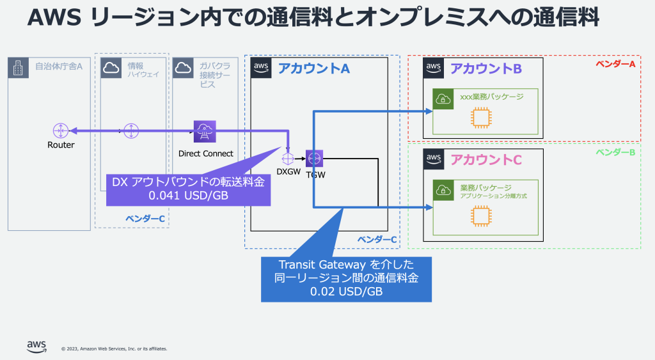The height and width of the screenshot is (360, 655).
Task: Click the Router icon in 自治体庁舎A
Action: pyautogui.click(x=61, y=130)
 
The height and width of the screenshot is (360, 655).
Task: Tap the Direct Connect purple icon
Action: pyautogui.click(x=205, y=132)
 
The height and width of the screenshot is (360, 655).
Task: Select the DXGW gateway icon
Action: pyautogui.click(x=288, y=157)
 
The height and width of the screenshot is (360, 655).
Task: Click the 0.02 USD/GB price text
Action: pyautogui.click(x=346, y=291)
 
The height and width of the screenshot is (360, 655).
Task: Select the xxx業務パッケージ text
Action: pyautogui.click(x=492, y=98)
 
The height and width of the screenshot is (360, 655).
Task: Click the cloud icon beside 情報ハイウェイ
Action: pyautogui.click(x=111, y=68)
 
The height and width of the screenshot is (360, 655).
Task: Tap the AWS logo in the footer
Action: pyautogui.click(x=36, y=347)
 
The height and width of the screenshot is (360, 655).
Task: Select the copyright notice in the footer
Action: pyautogui.click(x=114, y=349)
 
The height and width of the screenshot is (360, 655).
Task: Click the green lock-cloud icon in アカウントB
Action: pyautogui.click(x=443, y=98)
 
